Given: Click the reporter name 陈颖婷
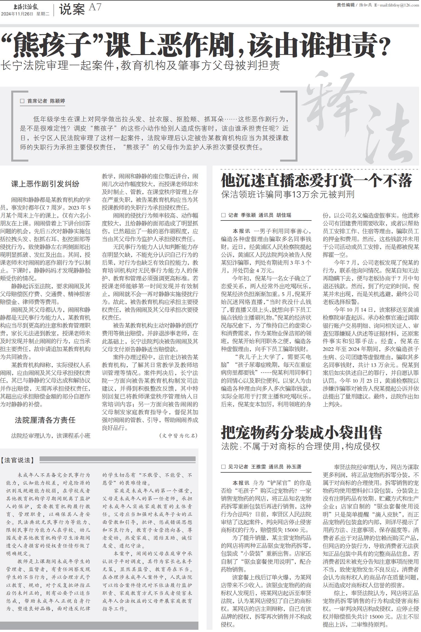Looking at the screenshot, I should (x=58, y=101).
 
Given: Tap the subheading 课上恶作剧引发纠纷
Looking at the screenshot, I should (x=45, y=184).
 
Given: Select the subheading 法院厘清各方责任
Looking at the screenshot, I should (x=45, y=420).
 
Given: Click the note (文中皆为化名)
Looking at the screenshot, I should (x=179, y=435).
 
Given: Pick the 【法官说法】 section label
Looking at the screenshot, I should (x=18, y=460).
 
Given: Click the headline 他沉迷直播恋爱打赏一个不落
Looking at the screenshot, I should (x=316, y=180).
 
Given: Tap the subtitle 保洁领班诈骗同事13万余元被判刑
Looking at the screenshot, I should (x=288, y=194).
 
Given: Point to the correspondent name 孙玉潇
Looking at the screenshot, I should (x=294, y=467).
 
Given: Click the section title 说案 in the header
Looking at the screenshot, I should (x=72, y=10).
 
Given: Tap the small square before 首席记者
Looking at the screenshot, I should (x=22, y=101).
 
